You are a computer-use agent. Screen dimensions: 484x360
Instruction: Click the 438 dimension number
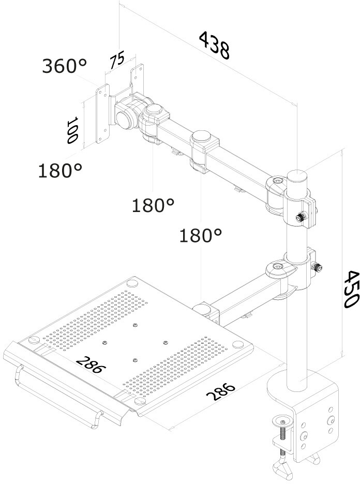(214, 46)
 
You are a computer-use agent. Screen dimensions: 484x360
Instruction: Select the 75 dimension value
(117, 59)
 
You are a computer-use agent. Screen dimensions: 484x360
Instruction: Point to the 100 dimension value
(72, 130)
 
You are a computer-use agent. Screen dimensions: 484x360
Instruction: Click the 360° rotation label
(64, 66)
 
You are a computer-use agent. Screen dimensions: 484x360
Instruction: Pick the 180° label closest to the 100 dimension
(60, 170)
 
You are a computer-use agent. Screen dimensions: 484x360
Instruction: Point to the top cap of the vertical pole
(297, 174)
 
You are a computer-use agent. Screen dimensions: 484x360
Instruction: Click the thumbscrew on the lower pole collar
(318, 268)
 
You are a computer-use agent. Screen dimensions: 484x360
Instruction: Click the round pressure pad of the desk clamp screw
(283, 418)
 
